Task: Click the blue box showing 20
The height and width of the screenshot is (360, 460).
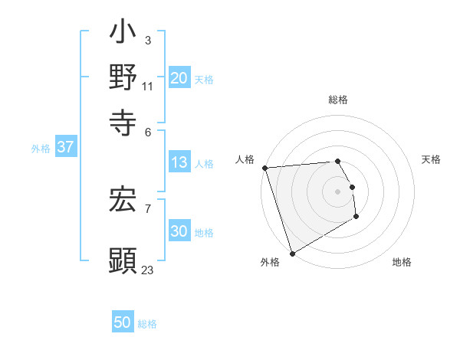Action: point(179,78)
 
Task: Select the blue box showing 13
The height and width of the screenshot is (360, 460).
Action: point(179,162)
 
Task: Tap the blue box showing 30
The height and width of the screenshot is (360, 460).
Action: point(179,232)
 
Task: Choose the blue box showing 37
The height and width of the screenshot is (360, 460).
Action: point(65,147)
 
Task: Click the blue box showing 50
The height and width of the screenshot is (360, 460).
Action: point(123,322)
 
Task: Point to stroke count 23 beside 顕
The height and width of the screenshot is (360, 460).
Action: point(147,270)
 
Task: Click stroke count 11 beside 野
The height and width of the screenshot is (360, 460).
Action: point(147,87)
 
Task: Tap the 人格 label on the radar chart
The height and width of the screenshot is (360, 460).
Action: point(245,159)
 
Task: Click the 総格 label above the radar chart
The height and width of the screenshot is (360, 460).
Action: point(337,100)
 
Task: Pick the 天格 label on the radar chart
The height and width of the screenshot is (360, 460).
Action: point(431,159)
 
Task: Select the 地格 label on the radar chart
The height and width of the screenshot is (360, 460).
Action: point(402,263)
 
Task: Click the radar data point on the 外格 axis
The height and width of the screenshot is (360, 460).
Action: point(292,254)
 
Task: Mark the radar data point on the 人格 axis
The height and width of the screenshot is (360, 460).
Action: point(264,168)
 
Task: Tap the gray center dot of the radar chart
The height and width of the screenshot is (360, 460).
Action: point(337,191)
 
